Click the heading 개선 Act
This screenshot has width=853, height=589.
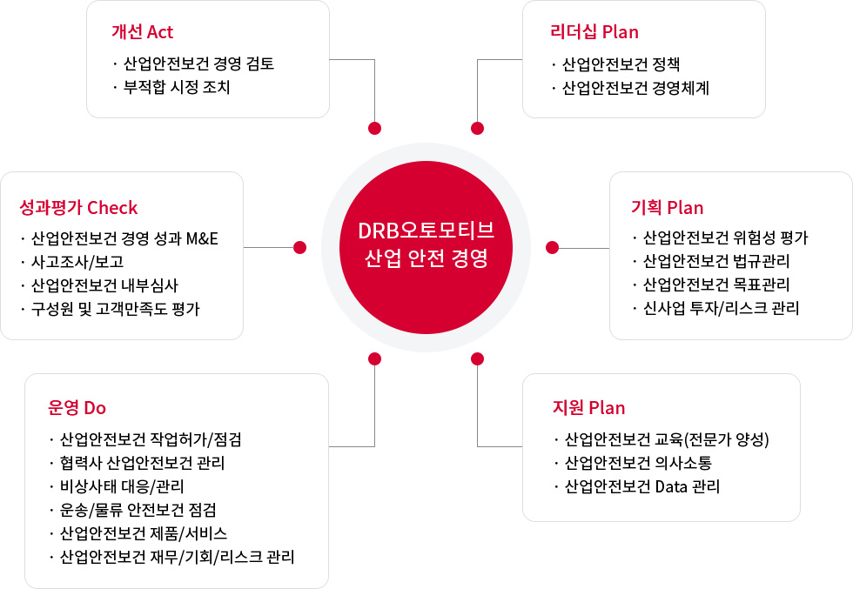[142, 32]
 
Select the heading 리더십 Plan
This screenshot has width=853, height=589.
[594, 32]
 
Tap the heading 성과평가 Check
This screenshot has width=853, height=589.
[78, 207]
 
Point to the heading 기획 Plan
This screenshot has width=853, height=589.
[667, 207]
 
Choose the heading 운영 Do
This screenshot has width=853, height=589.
[77, 407]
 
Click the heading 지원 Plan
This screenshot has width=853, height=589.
[588, 407]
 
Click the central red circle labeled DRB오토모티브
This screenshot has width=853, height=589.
[426, 247]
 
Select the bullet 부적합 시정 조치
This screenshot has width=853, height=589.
[177, 87]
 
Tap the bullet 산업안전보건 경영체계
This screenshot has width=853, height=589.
[635, 88]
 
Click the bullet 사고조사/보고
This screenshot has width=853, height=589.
[77, 262]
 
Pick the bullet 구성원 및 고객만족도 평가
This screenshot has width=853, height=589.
[115, 309]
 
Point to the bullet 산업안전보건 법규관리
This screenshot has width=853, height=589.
[715, 261]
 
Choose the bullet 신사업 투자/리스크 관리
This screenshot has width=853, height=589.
[721, 308]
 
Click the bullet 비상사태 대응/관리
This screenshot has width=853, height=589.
[122, 486]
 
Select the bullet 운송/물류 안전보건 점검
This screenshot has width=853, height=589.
[138, 510]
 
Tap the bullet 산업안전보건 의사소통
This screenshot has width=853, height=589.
[638, 463]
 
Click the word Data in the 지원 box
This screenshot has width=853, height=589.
[671, 486]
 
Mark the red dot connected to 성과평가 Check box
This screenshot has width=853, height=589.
[299, 247]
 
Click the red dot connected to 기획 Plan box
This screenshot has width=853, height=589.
[552, 247]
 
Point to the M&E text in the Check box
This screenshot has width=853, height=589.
[202, 238]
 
